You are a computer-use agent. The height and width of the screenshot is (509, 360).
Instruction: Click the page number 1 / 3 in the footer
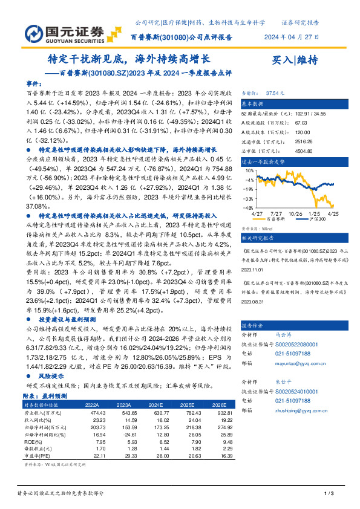pos(330,494)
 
